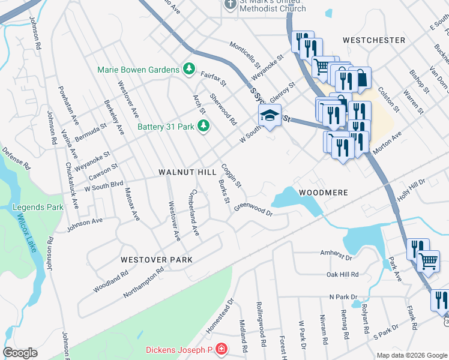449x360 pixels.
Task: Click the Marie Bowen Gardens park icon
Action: coord(189,69)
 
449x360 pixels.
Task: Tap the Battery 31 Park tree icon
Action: coord(203,125)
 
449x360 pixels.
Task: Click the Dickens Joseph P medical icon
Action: coord(221,349)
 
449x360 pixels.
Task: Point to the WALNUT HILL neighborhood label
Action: coord(187,172)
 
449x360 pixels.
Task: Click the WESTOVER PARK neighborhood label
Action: coord(156,260)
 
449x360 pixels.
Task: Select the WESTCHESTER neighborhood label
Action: coord(374,40)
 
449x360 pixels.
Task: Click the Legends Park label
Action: coord(38,208)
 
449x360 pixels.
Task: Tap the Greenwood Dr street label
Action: coord(253,208)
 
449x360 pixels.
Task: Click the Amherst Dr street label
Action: coord(336,254)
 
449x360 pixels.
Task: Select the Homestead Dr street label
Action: coord(219,314)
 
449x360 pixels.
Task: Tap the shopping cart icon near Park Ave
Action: coord(428,261)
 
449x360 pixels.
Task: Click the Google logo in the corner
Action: coord(20,353)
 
